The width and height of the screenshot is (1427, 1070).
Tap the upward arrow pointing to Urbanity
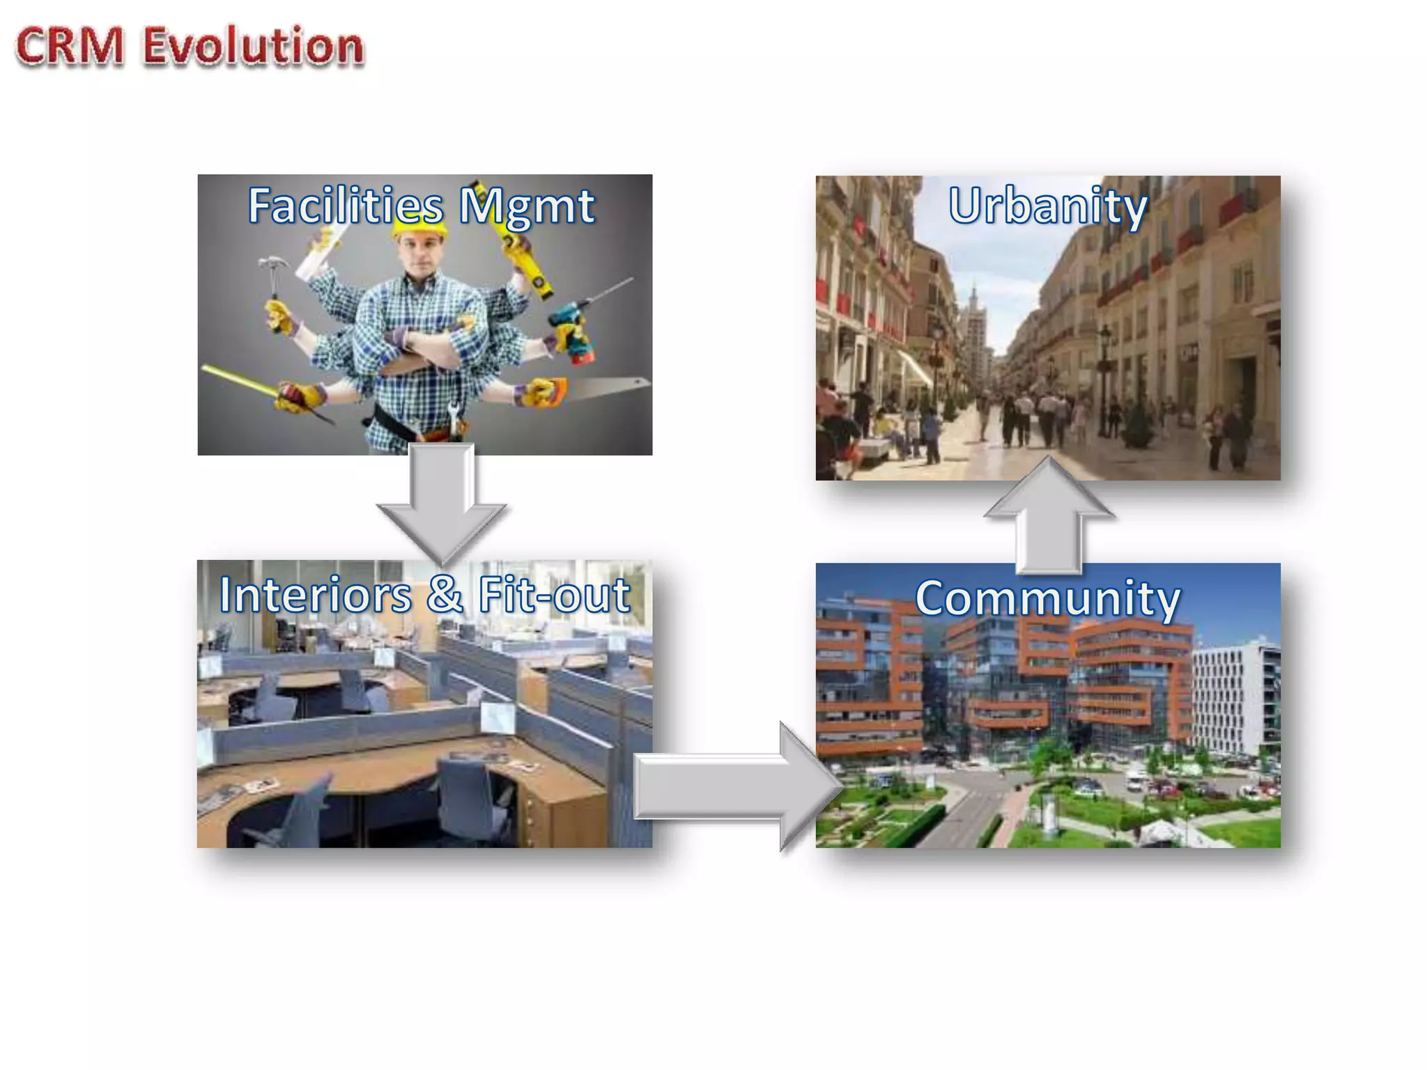click(x=1049, y=515)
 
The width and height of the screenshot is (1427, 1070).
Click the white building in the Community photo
click(x=1233, y=697)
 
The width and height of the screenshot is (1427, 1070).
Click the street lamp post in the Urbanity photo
click(x=1104, y=376)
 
